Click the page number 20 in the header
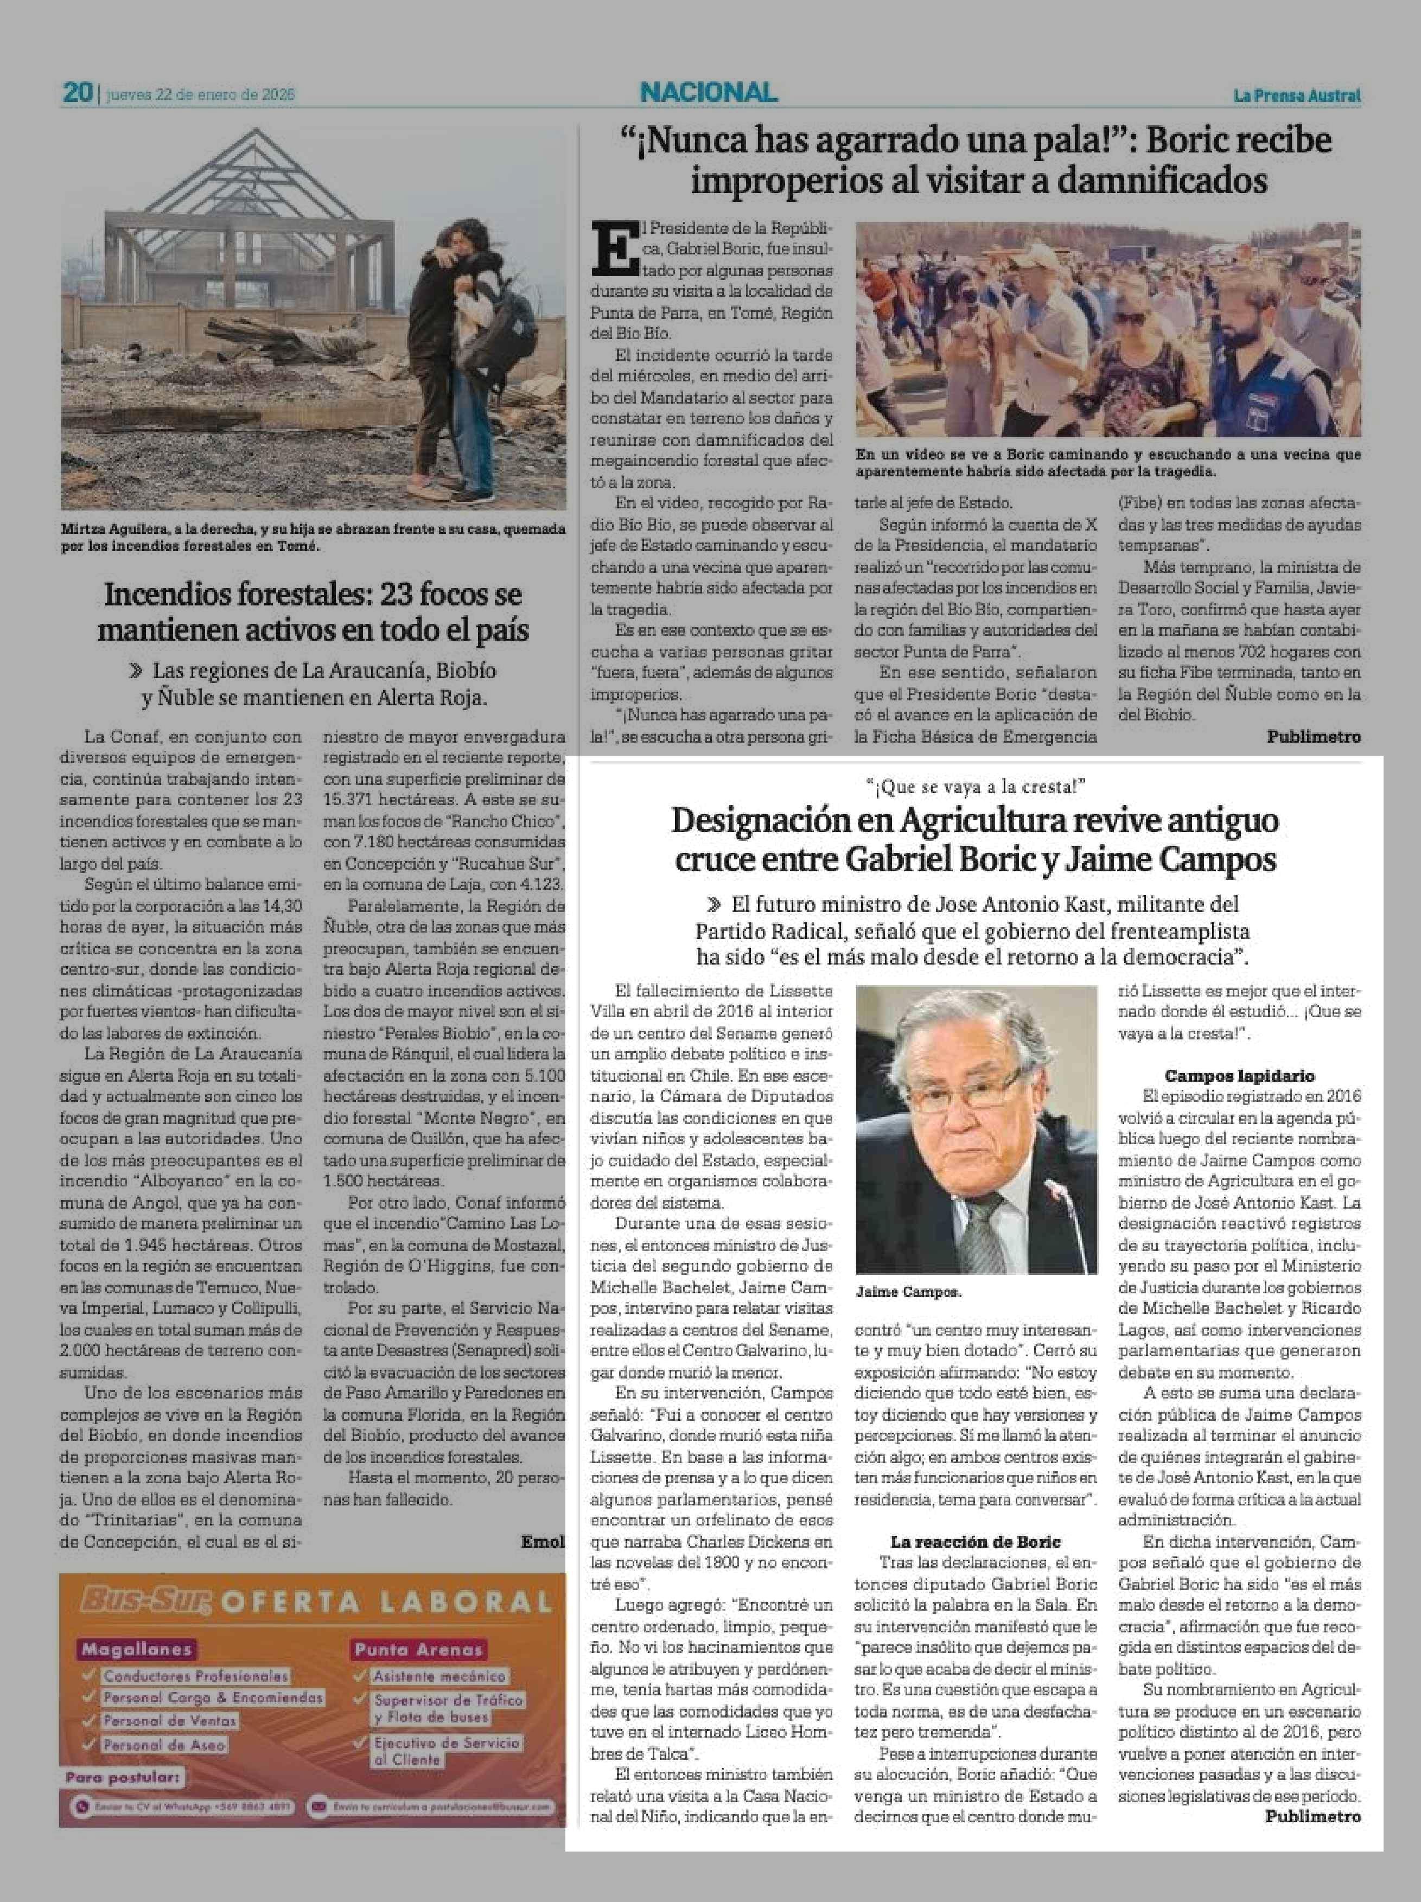[x=78, y=93]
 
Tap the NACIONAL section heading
[x=709, y=92]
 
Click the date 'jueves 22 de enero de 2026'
[x=200, y=94]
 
